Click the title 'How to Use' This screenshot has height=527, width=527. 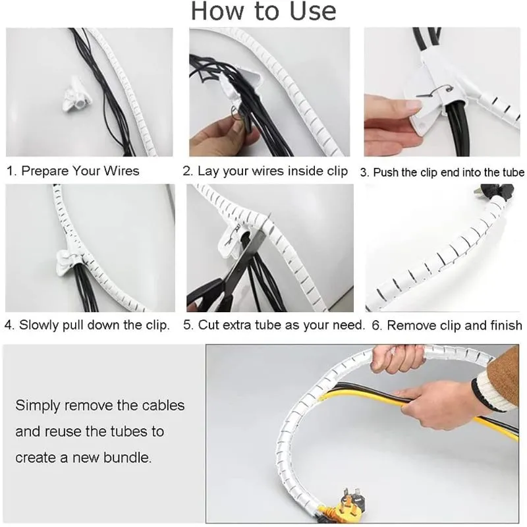(263, 12)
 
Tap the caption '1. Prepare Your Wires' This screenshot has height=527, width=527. (73, 171)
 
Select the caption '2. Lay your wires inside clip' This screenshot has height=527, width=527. (265, 171)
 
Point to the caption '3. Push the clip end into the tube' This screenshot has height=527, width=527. (442, 173)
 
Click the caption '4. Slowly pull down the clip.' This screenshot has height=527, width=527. (87, 325)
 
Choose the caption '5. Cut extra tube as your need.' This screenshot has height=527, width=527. (273, 325)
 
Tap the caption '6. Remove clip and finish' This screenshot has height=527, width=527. (447, 325)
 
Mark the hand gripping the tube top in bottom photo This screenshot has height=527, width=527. (395, 359)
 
